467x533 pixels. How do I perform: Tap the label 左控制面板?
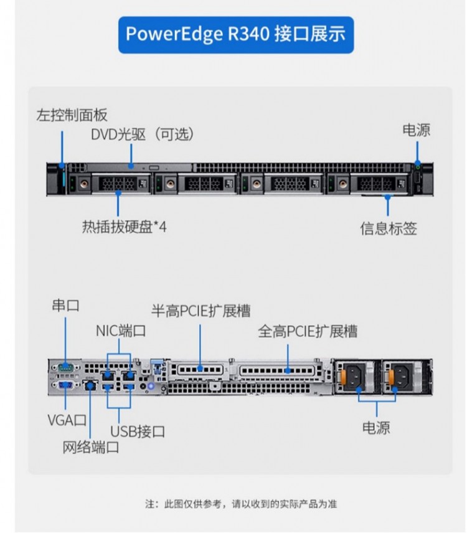(72, 115)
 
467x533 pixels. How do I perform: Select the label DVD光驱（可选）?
(143, 133)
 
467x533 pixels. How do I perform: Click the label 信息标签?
(389, 228)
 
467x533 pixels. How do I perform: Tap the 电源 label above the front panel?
(417, 130)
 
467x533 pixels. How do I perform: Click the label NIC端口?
(121, 331)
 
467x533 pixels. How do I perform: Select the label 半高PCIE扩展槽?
(200, 311)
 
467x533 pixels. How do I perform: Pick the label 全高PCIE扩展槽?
(308, 331)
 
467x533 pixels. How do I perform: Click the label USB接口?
(138, 430)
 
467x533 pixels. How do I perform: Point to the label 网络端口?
(90, 447)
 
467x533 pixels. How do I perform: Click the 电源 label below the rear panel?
(377, 428)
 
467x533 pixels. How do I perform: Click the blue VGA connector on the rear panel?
(65, 386)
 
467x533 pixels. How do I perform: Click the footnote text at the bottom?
(240, 504)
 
